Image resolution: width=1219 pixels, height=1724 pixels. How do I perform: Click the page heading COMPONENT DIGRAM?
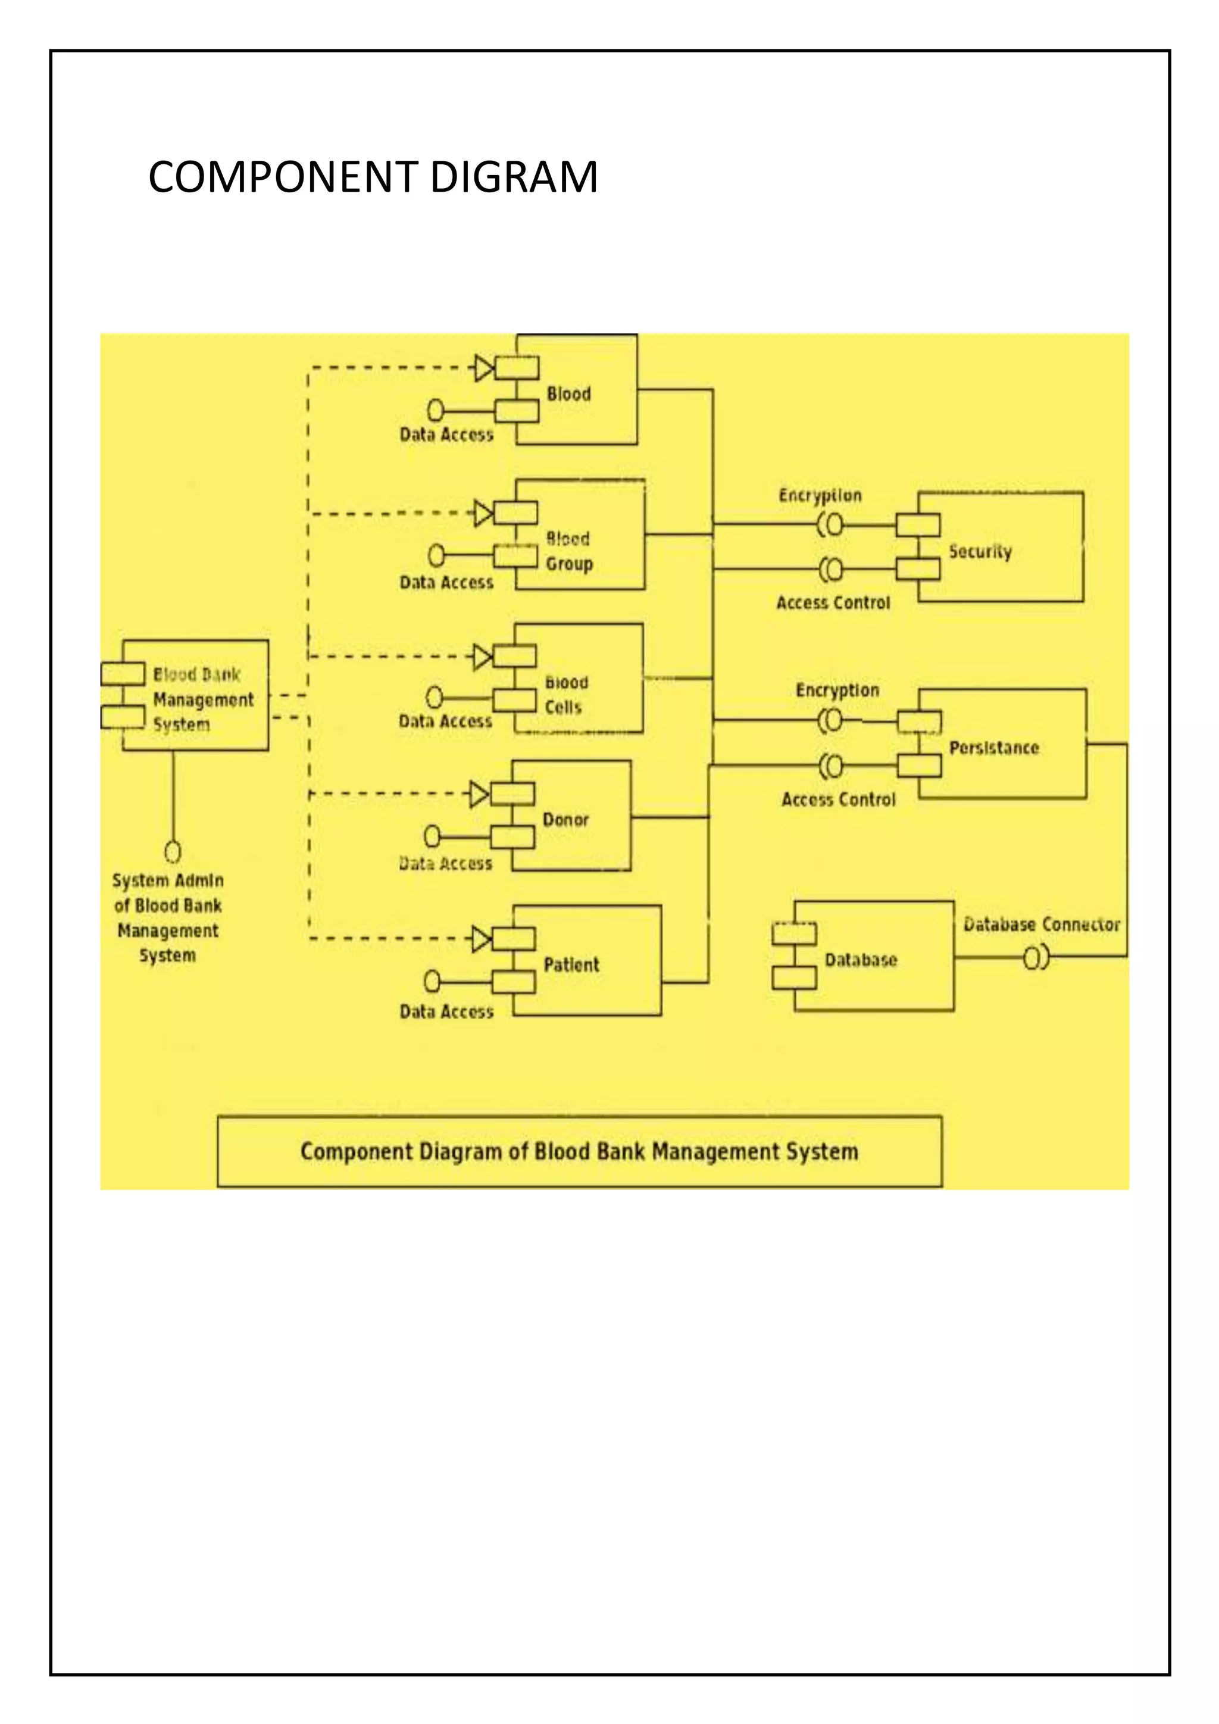pos(373,177)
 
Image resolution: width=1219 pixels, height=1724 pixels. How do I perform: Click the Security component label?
pos(980,552)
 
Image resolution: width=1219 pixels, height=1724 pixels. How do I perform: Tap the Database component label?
pos(860,960)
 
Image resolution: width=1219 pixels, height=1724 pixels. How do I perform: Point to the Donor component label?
pos(565,820)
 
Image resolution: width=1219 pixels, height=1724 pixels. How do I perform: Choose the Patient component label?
pos(571,965)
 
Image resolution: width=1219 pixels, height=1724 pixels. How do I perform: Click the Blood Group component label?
pos(568,551)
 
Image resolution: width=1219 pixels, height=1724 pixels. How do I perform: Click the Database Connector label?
pos(1041,925)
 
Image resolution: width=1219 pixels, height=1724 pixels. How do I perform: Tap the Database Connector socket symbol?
pos(1036,958)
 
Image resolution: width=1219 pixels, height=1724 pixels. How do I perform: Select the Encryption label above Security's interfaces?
pos(820,495)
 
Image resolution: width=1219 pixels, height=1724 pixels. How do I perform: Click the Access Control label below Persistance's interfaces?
pos(839,799)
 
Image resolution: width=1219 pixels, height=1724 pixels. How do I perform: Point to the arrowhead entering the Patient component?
pos(481,939)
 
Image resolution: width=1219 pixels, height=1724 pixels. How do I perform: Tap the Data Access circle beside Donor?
pos(432,836)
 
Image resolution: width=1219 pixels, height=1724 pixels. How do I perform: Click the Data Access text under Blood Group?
pos(446,583)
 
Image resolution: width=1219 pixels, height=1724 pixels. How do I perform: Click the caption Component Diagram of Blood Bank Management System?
pos(579,1152)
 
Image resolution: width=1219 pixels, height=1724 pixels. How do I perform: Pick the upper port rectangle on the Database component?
pos(794,933)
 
